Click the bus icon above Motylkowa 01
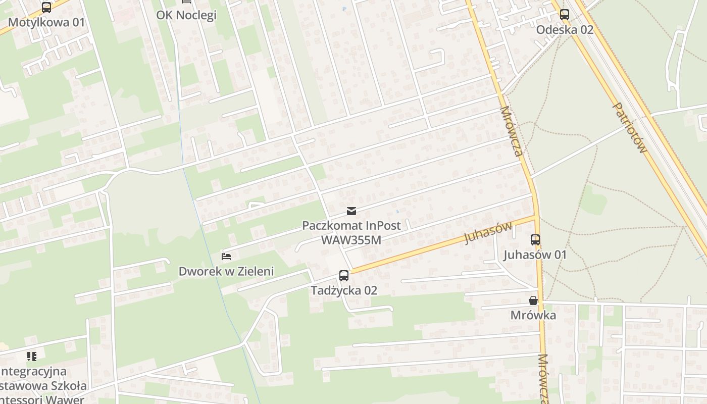click(x=46, y=8)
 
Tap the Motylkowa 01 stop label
click(x=46, y=22)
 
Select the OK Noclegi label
click(x=186, y=15)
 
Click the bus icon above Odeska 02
click(x=564, y=15)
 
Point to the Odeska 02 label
click(x=564, y=29)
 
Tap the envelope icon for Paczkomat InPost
click(x=351, y=211)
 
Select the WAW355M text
click(x=351, y=239)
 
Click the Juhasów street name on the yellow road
click(x=488, y=232)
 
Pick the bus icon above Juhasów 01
click(x=535, y=240)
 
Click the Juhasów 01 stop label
click(x=535, y=255)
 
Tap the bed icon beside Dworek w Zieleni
click(x=226, y=257)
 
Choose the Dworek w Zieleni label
click(x=226, y=271)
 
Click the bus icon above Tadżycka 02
click(x=344, y=275)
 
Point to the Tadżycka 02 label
click(x=344, y=290)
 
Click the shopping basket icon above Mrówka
click(x=533, y=300)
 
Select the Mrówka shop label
click(x=533, y=316)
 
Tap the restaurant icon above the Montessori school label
click(x=32, y=357)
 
